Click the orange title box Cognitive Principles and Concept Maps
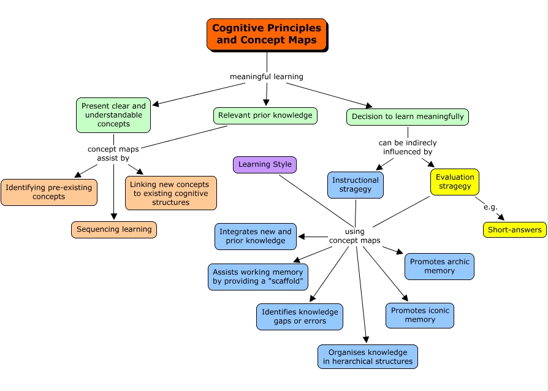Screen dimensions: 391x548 point(267,34)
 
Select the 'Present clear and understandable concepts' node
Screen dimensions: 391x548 point(113,115)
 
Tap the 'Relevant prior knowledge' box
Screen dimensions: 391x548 point(265,115)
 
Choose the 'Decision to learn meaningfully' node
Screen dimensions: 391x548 point(408,116)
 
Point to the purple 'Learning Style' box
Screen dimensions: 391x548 point(265,164)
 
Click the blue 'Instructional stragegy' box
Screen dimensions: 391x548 point(356,184)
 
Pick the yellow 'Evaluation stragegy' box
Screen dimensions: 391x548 point(455,181)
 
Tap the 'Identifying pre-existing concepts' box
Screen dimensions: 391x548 point(49,192)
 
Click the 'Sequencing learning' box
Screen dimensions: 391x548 point(114,229)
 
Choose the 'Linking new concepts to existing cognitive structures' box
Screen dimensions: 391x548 point(170,193)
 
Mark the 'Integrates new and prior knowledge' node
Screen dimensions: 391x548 point(256,236)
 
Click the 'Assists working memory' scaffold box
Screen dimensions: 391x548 point(258,276)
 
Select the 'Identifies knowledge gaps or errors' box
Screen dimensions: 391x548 point(300,316)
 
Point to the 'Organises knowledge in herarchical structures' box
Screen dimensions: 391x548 point(368,357)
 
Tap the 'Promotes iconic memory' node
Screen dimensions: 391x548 point(420,315)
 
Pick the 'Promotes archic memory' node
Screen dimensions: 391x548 point(440,266)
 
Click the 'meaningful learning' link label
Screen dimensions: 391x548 point(267,77)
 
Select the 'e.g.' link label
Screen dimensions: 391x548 point(490,207)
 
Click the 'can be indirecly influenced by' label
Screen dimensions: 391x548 point(408,147)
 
